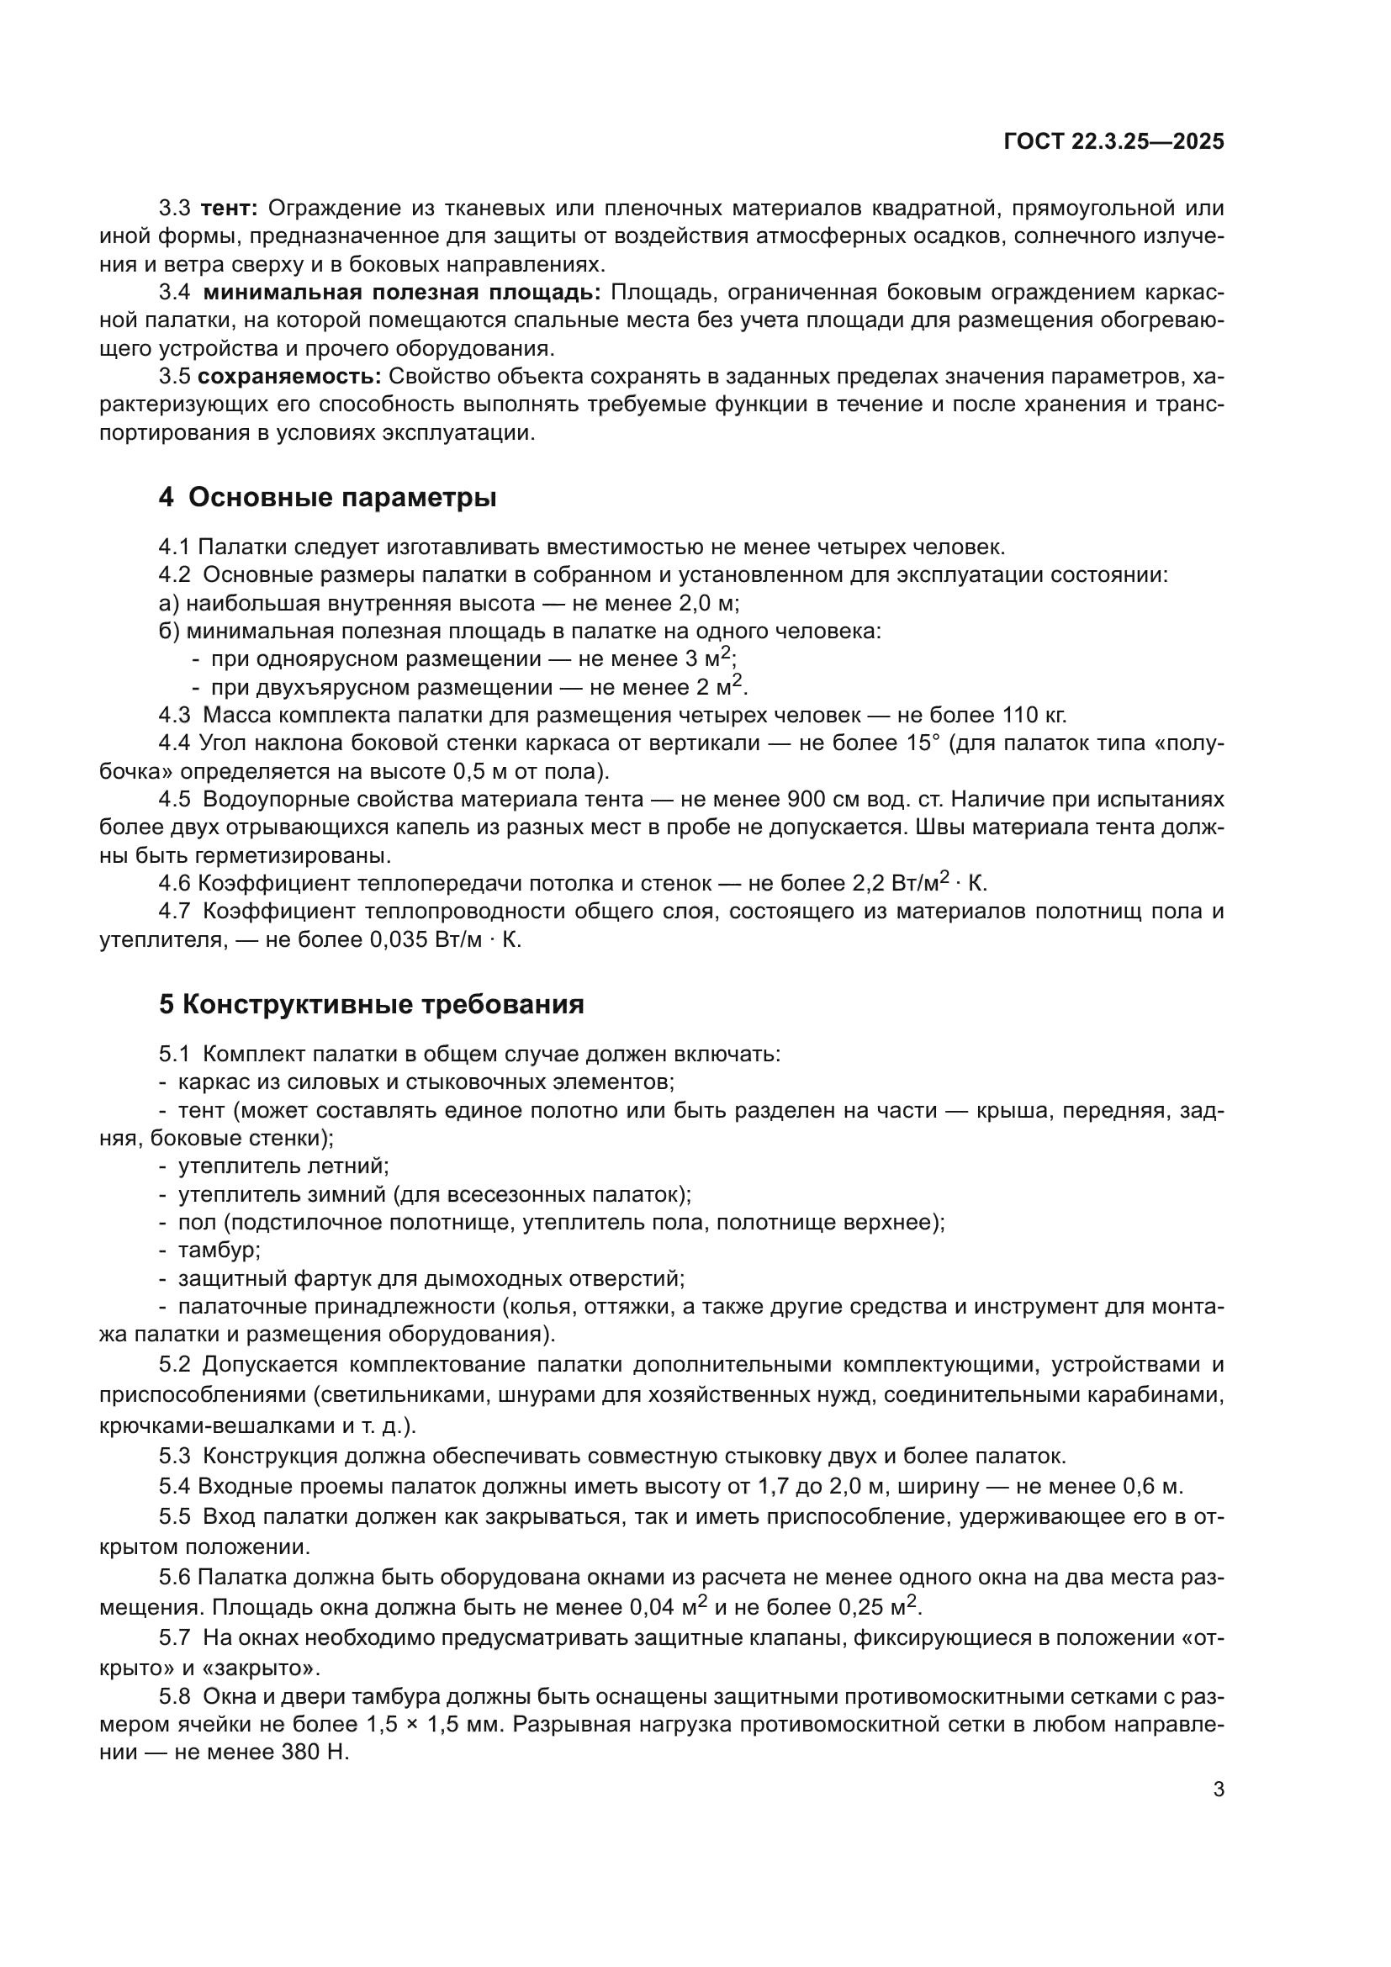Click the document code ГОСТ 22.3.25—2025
(1113, 142)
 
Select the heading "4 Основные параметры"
(327, 497)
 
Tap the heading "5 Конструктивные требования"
(371, 1004)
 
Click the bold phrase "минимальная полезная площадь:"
(403, 292)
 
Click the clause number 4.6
(175, 883)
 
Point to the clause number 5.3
(175, 1456)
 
